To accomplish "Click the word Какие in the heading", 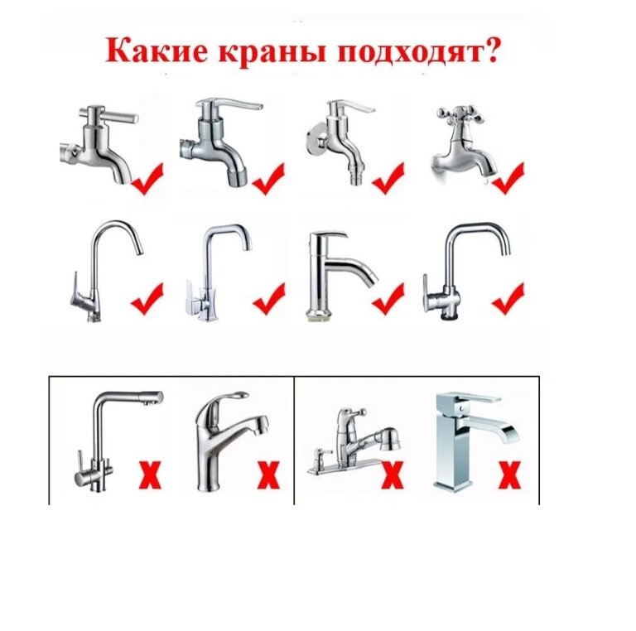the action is pos(157,51).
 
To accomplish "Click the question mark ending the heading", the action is pos(489,51).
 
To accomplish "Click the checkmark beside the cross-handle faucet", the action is pos(508,178).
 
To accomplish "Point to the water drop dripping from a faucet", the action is pos(487,181).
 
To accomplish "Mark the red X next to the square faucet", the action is pos(510,474).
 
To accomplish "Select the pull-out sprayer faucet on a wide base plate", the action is pos(353,442).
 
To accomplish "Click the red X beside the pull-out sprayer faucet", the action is pos(393,474).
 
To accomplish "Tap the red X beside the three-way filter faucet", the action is pos(151,474).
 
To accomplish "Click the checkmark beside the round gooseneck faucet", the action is pos(147,299).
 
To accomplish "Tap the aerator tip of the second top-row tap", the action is pos(237,177).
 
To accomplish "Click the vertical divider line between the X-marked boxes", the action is pos(294,441).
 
